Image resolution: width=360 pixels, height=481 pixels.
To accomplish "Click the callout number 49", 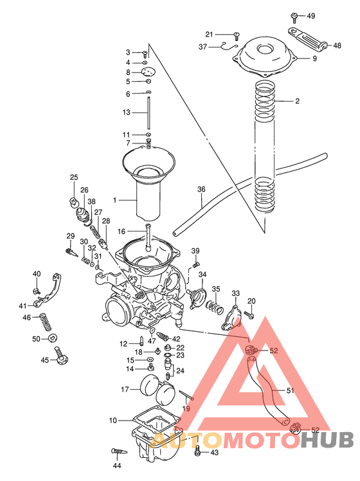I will pyautogui.click(x=311, y=15).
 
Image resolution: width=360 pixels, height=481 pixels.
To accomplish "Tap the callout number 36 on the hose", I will pyautogui.click(x=201, y=190).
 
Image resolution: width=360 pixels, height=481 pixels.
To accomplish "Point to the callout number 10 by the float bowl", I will pyautogui.click(x=113, y=421).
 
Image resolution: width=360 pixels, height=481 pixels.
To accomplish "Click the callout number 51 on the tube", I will pyautogui.click(x=290, y=390).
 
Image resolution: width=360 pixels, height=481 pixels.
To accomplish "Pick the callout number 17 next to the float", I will pyautogui.click(x=125, y=389).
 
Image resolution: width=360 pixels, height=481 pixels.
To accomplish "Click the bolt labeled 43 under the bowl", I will pyautogui.click(x=198, y=452).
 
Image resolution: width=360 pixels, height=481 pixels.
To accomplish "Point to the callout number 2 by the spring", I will pyautogui.click(x=297, y=102).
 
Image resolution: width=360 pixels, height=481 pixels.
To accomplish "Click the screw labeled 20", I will pyautogui.click(x=249, y=315).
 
